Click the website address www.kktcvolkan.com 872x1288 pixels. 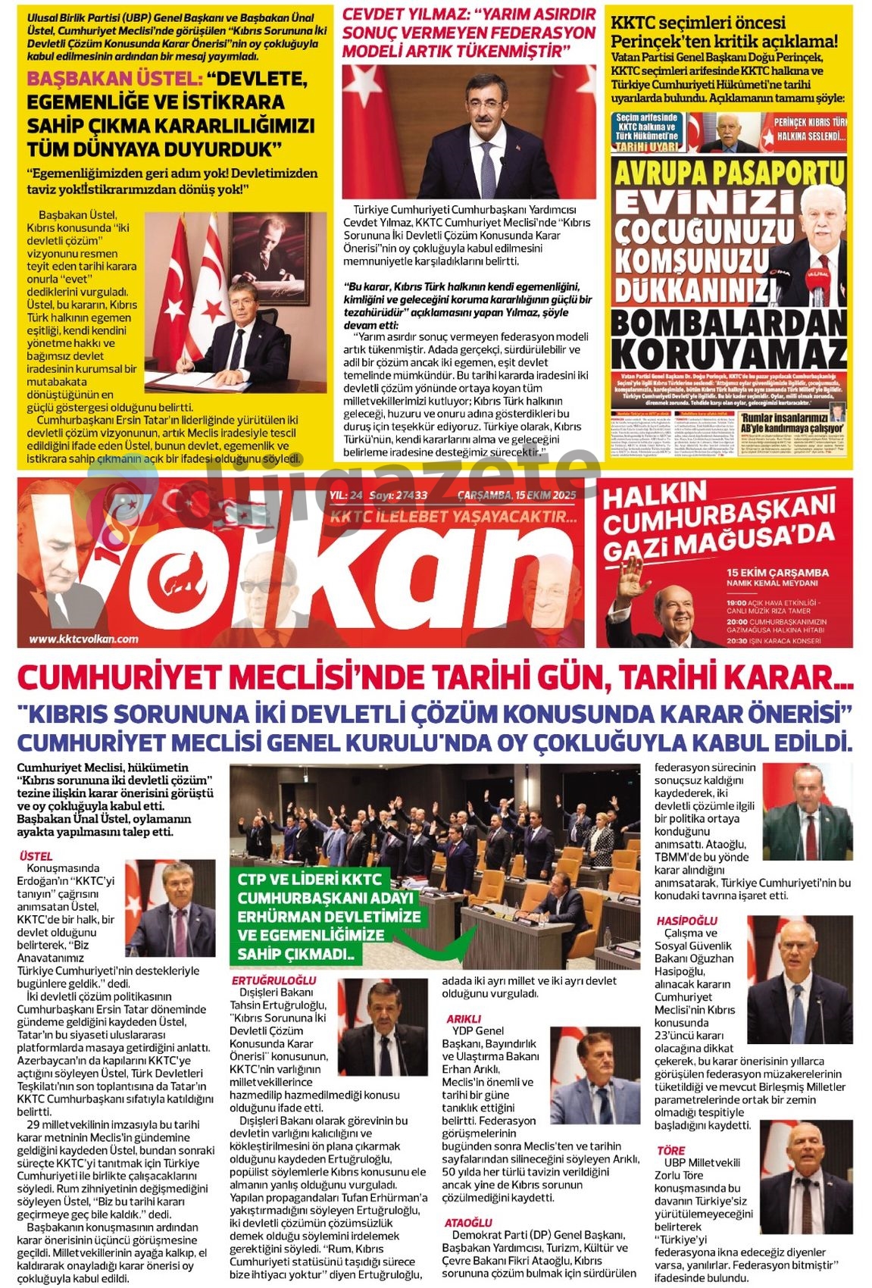83,639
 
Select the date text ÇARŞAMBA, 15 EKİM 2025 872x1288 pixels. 517,496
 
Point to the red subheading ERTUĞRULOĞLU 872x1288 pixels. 273,980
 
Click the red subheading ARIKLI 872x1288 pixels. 463,1019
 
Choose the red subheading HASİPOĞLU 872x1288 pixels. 686,921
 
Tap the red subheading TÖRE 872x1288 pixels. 670,1150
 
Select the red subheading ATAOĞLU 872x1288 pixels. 467,1223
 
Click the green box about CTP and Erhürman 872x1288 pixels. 329,916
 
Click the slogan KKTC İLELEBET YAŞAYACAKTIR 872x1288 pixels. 453,517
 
